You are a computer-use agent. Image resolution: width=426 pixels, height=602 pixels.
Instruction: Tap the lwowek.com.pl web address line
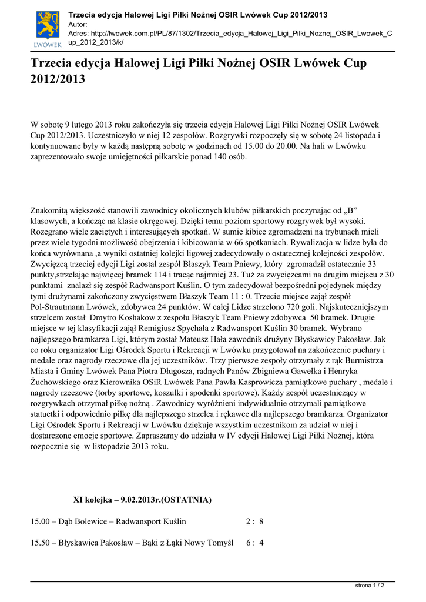230,34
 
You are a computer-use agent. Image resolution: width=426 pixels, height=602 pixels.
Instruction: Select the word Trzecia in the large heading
54,63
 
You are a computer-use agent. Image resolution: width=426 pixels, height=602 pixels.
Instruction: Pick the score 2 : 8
254,521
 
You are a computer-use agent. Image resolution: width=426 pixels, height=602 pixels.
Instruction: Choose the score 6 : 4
254,543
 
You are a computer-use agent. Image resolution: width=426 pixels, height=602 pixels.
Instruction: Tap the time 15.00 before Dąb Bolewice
41,521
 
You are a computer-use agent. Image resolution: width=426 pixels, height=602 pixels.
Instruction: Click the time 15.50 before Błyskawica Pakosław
41,543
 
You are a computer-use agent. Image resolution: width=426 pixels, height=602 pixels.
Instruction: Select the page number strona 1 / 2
370,586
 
